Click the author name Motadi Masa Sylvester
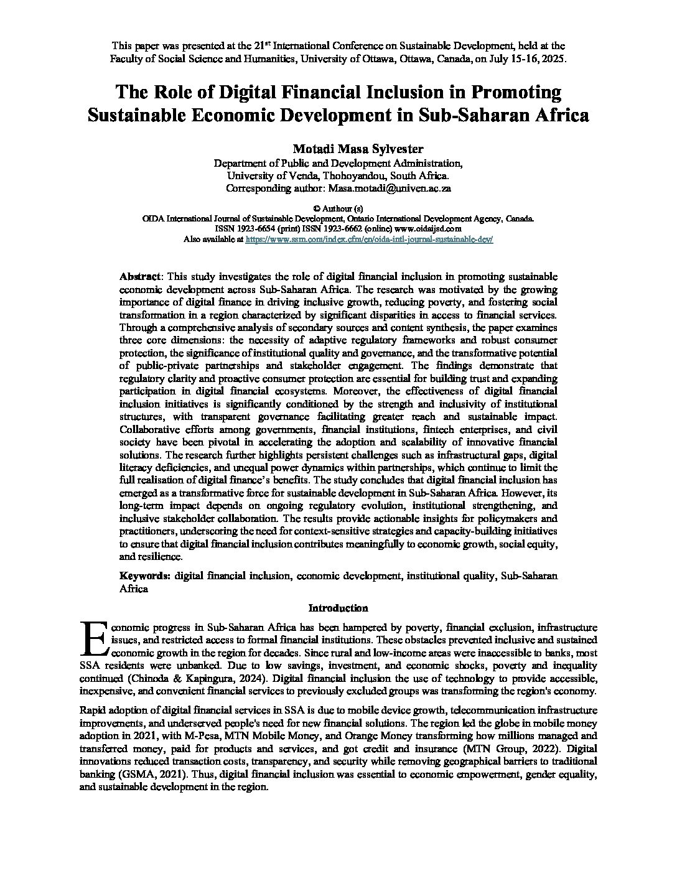click(x=338, y=149)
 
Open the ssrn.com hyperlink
click(x=370, y=238)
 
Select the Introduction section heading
click(x=338, y=608)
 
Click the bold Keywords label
click(x=144, y=576)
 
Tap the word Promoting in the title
click(x=516, y=92)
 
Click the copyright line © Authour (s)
click(x=338, y=208)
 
